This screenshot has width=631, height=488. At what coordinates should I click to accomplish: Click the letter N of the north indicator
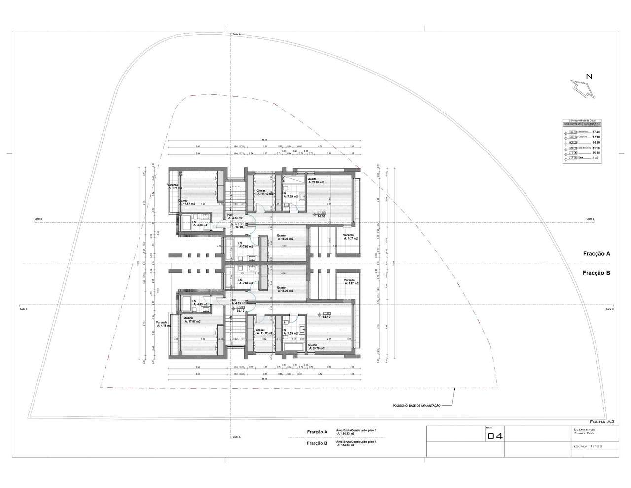pos(589,76)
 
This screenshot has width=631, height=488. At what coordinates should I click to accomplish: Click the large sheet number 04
pos(494,436)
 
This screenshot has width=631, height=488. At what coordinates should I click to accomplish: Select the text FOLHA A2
pos(601,421)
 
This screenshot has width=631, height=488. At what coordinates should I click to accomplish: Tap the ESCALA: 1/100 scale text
pos(588,446)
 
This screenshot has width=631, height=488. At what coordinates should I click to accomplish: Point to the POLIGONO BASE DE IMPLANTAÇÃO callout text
pos(412,405)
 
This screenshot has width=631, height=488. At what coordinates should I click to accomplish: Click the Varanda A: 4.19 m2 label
pos(175,187)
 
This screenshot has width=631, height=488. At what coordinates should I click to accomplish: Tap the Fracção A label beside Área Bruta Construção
pos(317,432)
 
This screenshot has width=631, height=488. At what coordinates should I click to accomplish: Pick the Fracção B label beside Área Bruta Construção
pos(317,443)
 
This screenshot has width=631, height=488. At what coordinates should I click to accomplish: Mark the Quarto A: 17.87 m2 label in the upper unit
pos(186,202)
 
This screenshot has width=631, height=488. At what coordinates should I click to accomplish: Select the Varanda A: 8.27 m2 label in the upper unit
pos(348,237)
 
